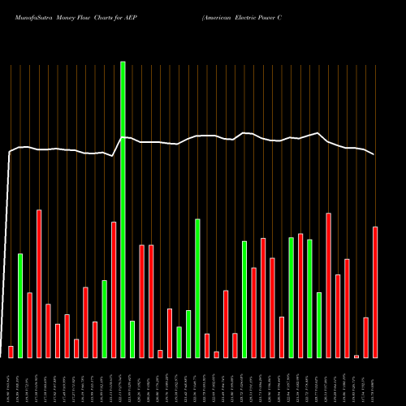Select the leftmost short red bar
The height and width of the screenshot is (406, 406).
[x=11, y=352]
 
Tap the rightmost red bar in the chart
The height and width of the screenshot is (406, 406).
[x=375, y=292]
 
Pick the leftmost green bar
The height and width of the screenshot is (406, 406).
[x=20, y=305]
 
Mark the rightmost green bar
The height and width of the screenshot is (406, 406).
[x=319, y=325]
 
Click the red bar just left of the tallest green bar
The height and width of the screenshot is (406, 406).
[x=114, y=289]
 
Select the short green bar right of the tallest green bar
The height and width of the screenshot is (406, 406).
[x=132, y=339]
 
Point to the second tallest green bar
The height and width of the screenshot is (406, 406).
[x=197, y=288]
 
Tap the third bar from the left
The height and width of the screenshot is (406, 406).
[x=29, y=325]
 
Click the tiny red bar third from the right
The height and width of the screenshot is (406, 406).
[x=356, y=356]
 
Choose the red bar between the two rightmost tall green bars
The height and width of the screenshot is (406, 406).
[x=300, y=296]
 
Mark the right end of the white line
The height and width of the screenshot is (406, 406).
[x=374, y=154]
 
